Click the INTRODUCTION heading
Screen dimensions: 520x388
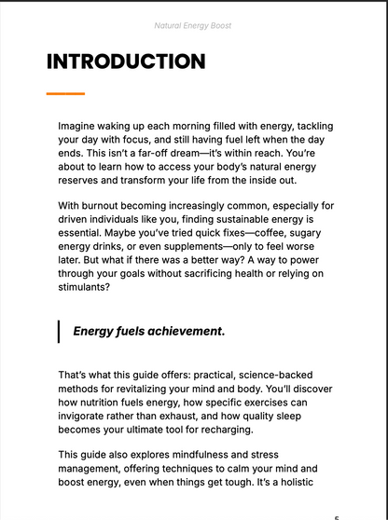tap(126, 62)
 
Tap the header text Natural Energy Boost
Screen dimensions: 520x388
tap(194, 26)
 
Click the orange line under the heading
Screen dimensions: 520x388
tap(65, 93)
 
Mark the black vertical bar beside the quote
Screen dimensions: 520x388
tap(60, 331)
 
